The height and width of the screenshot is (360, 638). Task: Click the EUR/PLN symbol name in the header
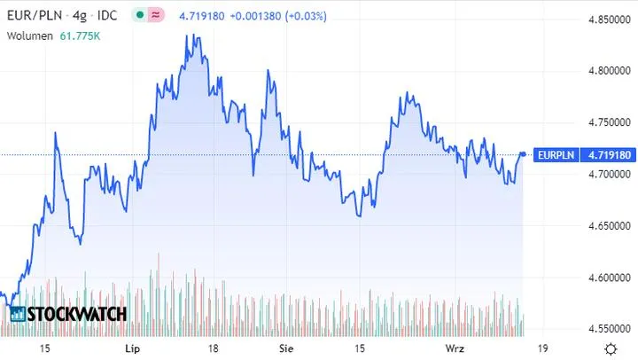32,17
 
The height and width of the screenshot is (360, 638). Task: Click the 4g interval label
74,17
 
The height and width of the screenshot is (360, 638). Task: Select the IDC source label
107,17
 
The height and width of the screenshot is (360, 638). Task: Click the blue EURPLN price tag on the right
573,155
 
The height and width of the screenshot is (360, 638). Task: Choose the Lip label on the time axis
133,349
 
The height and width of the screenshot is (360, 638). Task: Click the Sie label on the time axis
285,349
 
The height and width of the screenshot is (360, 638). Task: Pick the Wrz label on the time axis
455,349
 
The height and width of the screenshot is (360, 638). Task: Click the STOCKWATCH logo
68,314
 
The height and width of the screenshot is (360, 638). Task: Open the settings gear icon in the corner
610,348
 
